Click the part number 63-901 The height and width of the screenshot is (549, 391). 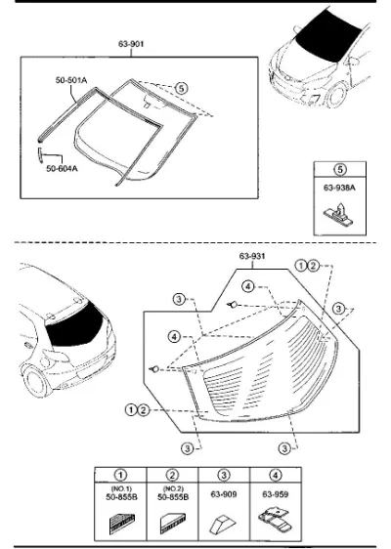[x=131, y=44]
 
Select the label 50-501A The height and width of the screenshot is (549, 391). [x=71, y=80]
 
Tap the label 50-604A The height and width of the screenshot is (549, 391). [x=62, y=169]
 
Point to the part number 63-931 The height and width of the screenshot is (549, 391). [x=252, y=256]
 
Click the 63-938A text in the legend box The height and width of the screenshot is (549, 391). [x=339, y=188]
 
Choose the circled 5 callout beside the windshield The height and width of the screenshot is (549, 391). [x=181, y=88]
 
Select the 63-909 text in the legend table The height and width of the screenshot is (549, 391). [x=224, y=494]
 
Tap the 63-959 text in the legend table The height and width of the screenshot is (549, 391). [x=276, y=494]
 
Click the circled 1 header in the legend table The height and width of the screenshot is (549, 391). [x=120, y=475]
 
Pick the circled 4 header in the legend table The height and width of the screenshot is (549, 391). [x=276, y=475]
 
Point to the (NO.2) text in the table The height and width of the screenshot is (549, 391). [x=173, y=488]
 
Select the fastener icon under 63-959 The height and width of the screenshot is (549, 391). [x=276, y=521]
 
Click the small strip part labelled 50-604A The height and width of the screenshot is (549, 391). [x=40, y=155]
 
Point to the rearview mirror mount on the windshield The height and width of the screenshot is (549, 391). [x=148, y=103]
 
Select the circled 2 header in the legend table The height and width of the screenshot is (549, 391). [x=172, y=475]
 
